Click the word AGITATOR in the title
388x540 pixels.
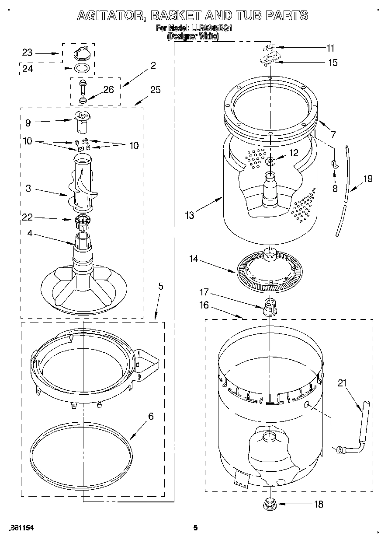(x=111, y=16)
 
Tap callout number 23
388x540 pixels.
(x=27, y=53)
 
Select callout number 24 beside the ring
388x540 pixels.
(x=27, y=68)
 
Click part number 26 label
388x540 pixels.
(x=108, y=90)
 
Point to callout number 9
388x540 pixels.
(x=28, y=123)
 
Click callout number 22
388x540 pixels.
(x=27, y=217)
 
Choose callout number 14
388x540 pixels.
(x=193, y=259)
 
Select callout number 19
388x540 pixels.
(x=368, y=179)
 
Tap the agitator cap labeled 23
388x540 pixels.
(x=82, y=53)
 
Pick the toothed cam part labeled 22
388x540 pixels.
(x=82, y=220)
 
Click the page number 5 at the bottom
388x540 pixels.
(x=195, y=528)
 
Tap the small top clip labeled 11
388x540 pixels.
(x=270, y=47)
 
